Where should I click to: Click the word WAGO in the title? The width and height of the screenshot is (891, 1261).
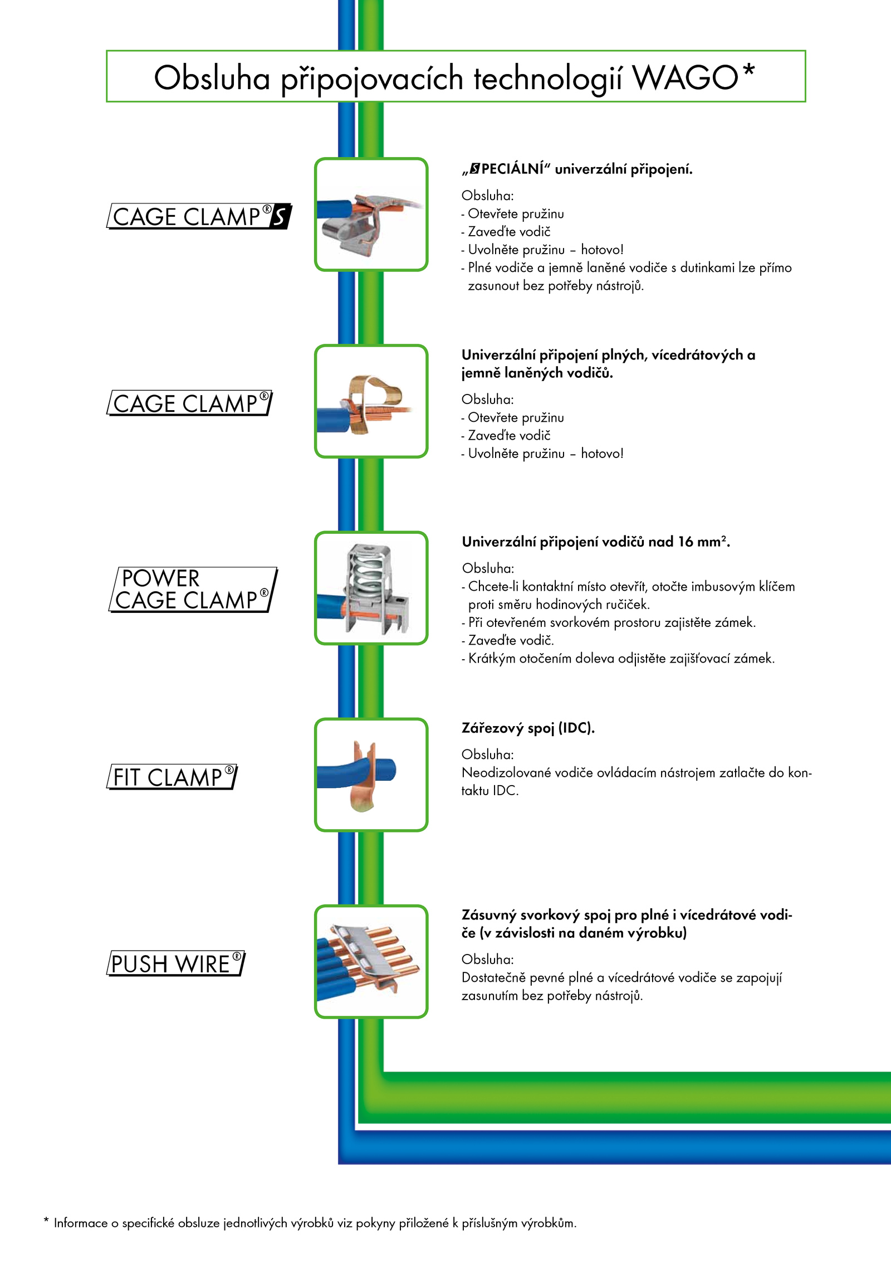click(x=686, y=77)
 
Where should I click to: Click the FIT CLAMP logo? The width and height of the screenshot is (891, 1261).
click(x=172, y=777)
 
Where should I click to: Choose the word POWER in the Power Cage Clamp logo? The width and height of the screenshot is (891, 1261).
click(x=160, y=578)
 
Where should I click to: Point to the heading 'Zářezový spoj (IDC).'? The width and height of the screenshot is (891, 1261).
click(x=528, y=728)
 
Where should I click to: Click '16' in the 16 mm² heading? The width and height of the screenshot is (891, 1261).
click(x=686, y=542)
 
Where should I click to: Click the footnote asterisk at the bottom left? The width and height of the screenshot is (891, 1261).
click(x=46, y=1221)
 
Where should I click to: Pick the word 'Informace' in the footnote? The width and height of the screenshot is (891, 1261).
click(x=81, y=1223)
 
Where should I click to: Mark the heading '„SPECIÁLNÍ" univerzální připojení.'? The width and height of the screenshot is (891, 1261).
click(x=577, y=169)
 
